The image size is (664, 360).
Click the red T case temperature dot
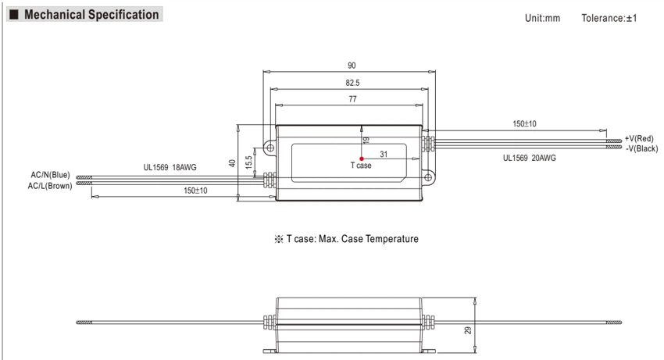point(361,159)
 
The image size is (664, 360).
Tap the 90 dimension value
point(352,66)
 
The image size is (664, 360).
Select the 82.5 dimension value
point(352,83)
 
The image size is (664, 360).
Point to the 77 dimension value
point(352,99)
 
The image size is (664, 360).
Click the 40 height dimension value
point(232,163)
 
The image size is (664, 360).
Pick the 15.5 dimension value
point(248,162)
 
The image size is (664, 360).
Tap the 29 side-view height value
point(468,330)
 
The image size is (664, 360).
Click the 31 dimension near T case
point(384,154)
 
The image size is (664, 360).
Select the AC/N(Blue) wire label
point(51,175)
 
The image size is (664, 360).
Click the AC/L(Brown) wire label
point(50,186)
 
